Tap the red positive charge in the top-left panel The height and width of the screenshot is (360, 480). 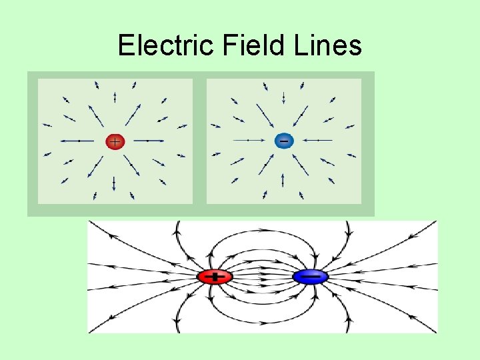pos(115,141)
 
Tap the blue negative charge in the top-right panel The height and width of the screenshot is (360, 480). pos(284,141)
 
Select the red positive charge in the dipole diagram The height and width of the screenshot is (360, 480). pos(215,276)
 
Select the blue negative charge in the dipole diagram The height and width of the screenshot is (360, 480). pos(310,276)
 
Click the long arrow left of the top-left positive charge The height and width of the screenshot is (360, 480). pos(77,141)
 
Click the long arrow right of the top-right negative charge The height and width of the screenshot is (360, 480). pos(319,141)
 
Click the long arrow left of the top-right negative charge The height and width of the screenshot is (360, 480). pos(247,141)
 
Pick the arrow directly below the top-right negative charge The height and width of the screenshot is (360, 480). pos(283,179)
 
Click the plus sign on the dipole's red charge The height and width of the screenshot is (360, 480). pos(215,276)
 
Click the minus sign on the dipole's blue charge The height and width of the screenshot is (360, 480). pos(310,276)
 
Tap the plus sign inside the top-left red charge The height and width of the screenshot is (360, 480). pos(115,141)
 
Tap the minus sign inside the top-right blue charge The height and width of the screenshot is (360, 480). pos(284,141)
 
